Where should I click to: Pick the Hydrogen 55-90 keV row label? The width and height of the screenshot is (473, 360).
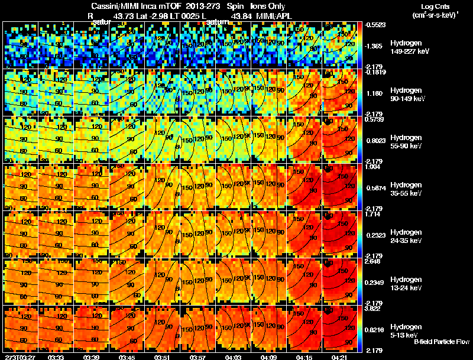pos(407,142)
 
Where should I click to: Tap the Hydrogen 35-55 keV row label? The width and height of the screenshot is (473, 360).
pos(407,189)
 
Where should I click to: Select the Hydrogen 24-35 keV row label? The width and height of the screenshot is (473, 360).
pos(407,236)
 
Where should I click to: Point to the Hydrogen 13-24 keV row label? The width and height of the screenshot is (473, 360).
pos(407,284)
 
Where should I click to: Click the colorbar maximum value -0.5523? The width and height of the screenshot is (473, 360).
pos(376,24)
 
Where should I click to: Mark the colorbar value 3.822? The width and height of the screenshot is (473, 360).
pos(375,308)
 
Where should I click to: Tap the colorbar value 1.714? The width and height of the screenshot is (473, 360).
pos(375,213)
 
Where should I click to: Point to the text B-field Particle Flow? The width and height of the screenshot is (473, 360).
pos(441,342)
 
